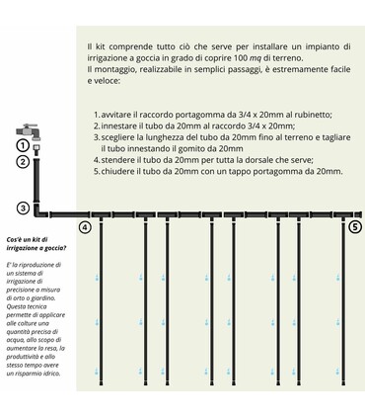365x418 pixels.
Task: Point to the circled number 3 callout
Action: pos(22,208)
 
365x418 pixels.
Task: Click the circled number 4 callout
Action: pos(85,227)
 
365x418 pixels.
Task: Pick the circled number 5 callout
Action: pos(355,226)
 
